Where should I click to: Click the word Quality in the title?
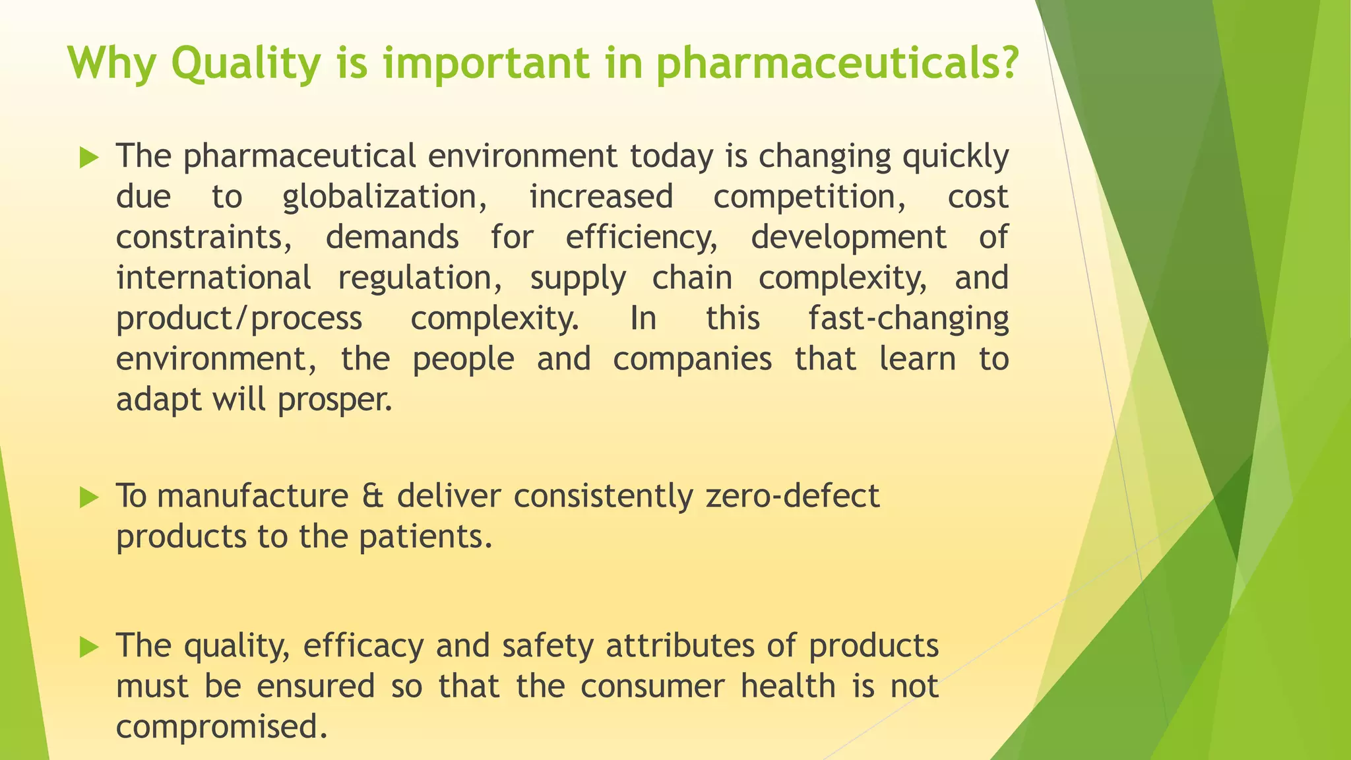click(x=245, y=64)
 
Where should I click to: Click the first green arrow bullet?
click(x=88, y=158)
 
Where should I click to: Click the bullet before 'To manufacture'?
click(x=88, y=497)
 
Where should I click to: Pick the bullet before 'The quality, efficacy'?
click(x=88, y=647)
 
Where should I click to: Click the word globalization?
click(x=385, y=197)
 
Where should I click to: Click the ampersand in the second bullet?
click(x=373, y=496)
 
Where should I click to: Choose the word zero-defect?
click(x=792, y=496)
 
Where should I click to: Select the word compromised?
click(x=222, y=727)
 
